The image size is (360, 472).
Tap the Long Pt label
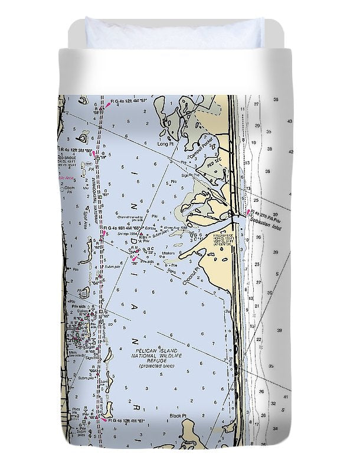164,143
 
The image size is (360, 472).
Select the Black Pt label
178,416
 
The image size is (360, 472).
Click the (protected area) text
153,366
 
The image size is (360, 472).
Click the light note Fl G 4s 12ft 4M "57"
129,102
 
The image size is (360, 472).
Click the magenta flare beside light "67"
104,420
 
